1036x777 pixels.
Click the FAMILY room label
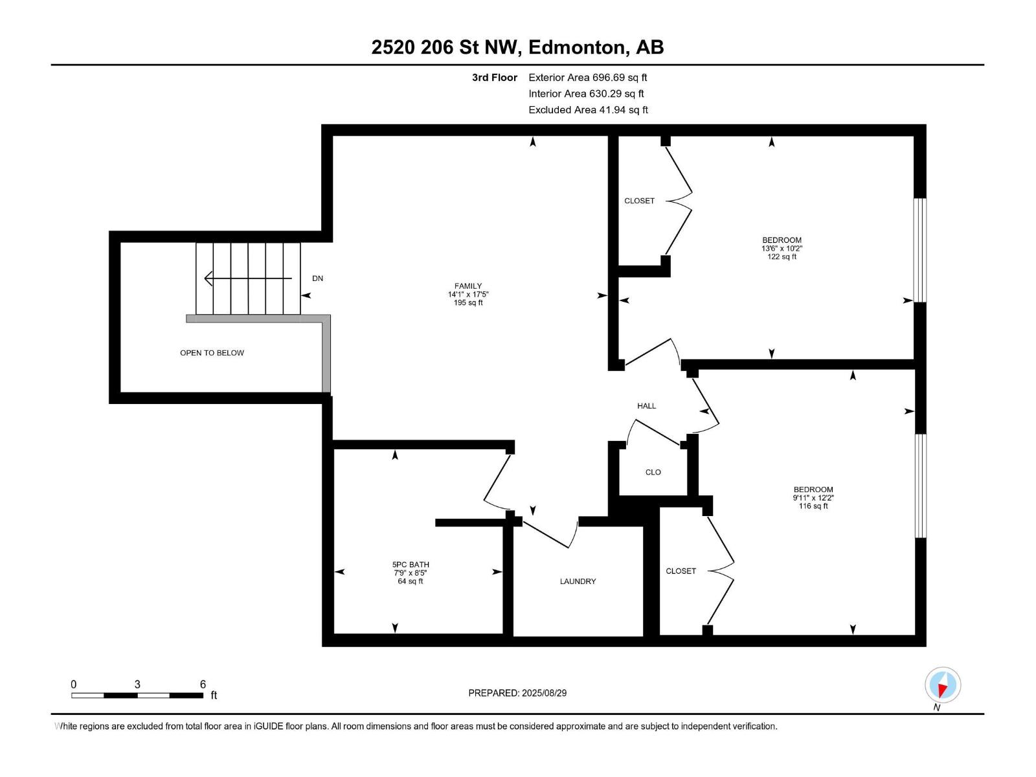click(x=467, y=286)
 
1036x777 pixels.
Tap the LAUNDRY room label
click(x=578, y=581)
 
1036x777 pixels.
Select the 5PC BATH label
click(x=410, y=564)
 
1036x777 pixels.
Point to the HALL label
click(x=646, y=406)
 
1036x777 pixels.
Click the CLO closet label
click(x=653, y=472)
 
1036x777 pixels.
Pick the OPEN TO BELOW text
click(x=212, y=353)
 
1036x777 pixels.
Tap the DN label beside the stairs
click(x=318, y=278)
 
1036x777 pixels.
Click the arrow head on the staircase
click(x=208, y=278)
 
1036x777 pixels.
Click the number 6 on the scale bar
click(x=203, y=684)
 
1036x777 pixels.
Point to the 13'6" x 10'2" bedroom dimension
click(x=782, y=248)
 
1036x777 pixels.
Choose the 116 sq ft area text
click(x=813, y=506)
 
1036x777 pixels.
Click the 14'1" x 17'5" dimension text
click(x=467, y=295)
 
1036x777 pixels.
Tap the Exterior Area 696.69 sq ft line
click(x=588, y=77)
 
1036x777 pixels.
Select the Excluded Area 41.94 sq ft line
click(x=588, y=110)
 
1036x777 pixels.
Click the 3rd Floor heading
click(x=494, y=77)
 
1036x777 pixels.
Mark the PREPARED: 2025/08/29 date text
click(x=517, y=693)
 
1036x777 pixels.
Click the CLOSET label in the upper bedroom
click(x=639, y=201)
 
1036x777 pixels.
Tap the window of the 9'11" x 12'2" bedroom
click(x=920, y=486)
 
